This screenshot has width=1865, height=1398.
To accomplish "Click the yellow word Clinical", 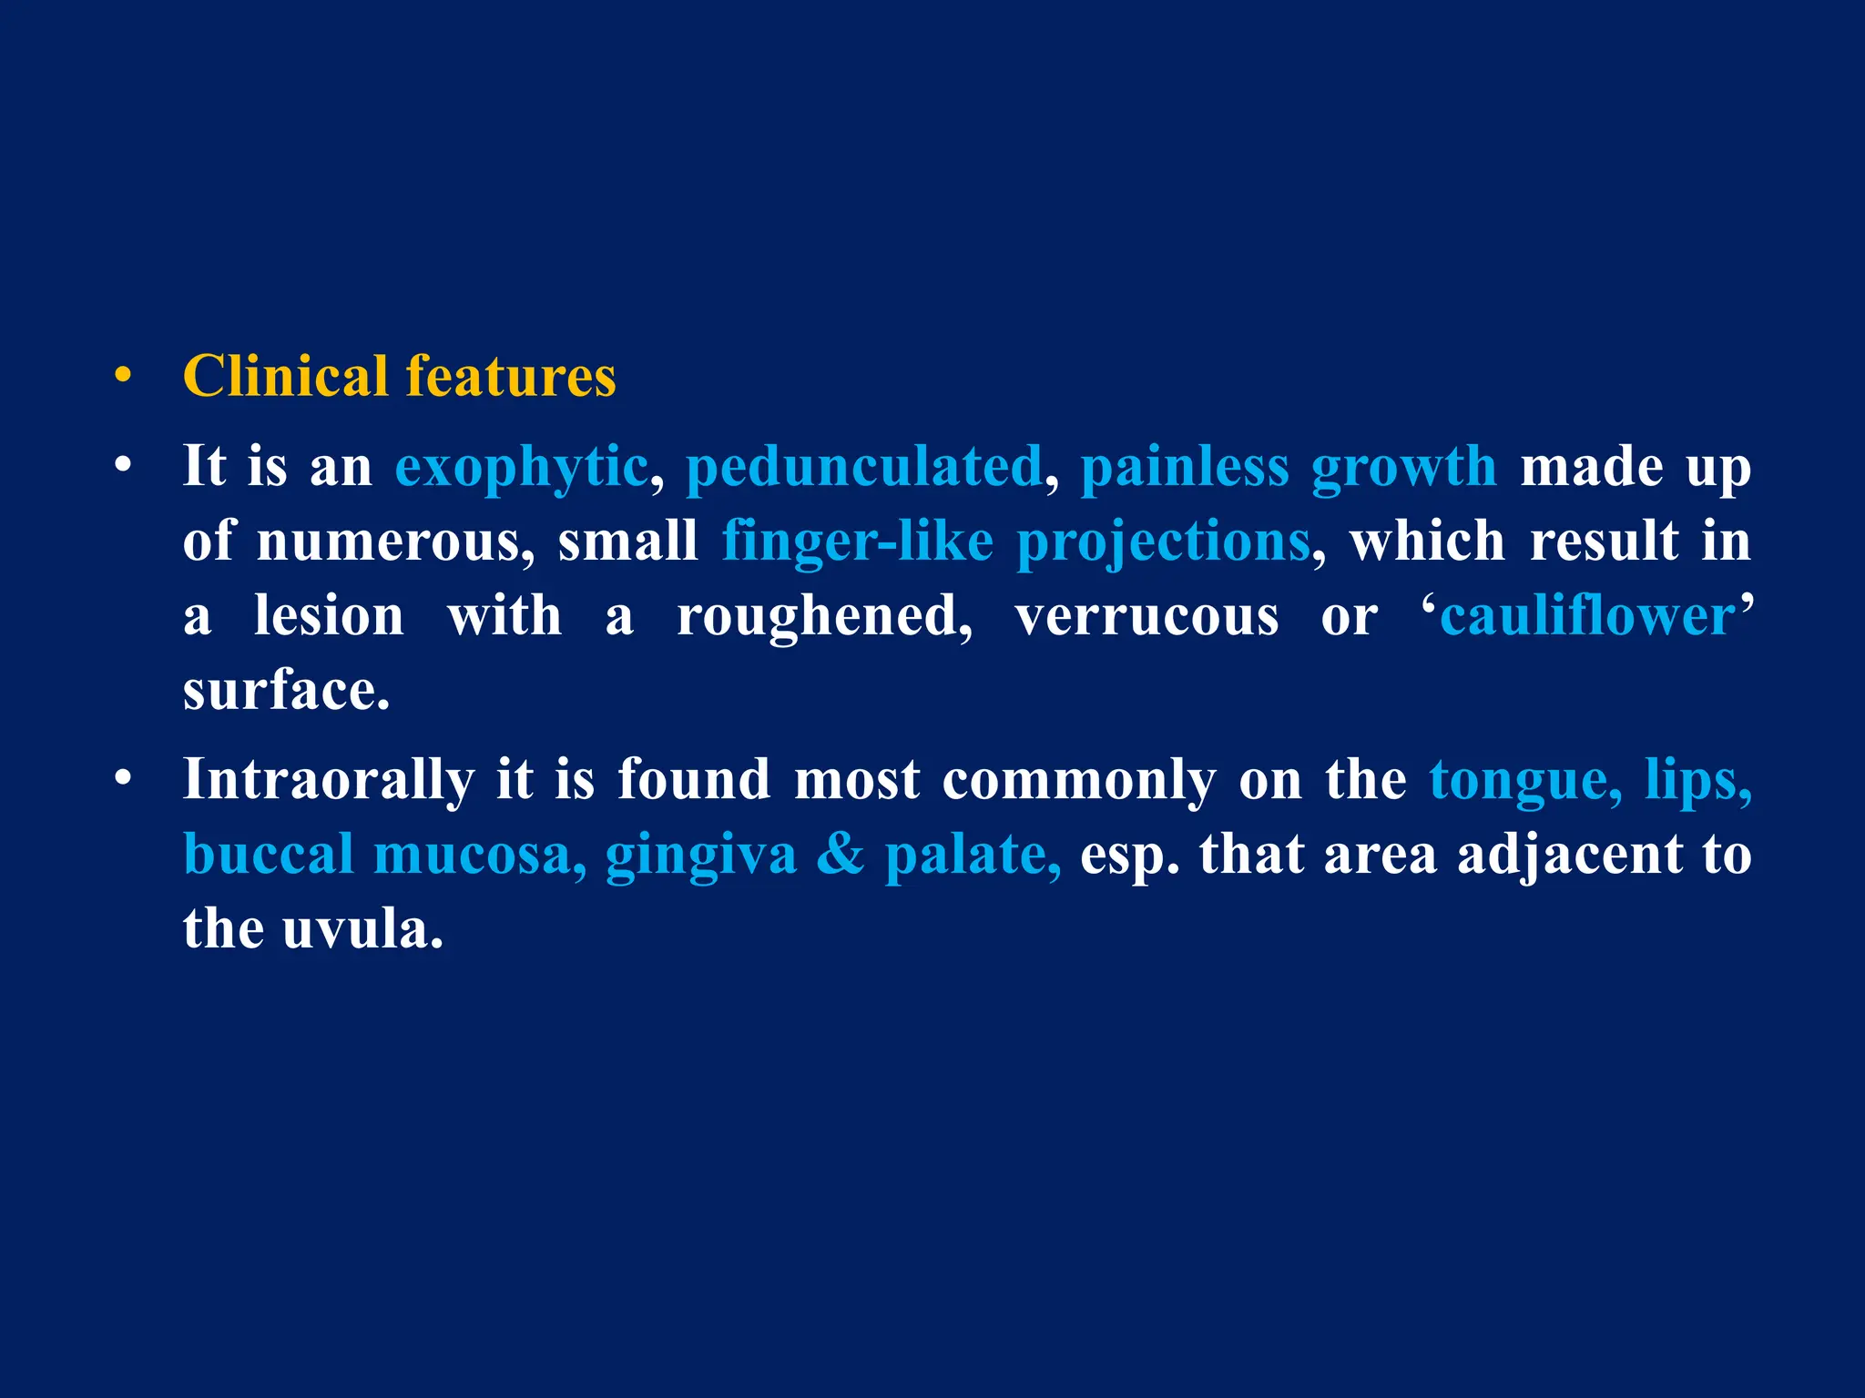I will [x=285, y=376].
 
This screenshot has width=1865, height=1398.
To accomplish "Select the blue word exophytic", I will [x=521, y=467].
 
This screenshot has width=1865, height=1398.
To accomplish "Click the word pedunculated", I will [x=863, y=467].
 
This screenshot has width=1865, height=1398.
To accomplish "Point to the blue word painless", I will [x=1184, y=467].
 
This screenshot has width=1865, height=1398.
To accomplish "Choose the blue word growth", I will [x=1403, y=467].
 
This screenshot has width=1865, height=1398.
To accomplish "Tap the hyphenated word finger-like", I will [x=857, y=542].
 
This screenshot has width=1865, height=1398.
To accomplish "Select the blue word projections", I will [x=1163, y=543].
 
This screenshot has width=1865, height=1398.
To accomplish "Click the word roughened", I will [x=824, y=616].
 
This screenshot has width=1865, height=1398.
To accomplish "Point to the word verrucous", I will [x=1147, y=616].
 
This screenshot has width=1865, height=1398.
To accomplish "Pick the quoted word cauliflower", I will [x=1587, y=616].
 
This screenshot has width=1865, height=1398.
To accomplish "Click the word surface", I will [x=285, y=691].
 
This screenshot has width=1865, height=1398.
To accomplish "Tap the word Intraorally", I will [x=328, y=780].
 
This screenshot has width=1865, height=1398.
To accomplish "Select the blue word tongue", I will [x=1525, y=782].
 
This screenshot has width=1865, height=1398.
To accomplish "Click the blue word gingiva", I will [x=700, y=856].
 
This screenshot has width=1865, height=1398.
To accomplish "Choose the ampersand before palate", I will [x=840, y=855].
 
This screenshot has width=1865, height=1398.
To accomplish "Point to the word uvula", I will [x=362, y=929].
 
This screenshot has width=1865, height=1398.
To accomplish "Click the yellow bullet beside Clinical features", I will [x=124, y=376].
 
